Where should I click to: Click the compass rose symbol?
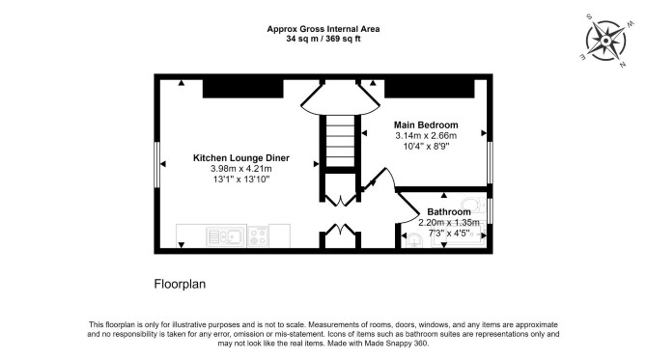605,41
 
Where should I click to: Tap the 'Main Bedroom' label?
426,125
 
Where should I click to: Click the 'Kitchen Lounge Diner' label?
241,158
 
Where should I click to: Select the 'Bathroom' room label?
449,212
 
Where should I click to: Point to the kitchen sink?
226,236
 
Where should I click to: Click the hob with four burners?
258,236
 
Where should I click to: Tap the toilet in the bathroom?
473,205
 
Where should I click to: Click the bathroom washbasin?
413,239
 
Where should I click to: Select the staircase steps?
341,141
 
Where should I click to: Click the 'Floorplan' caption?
180,284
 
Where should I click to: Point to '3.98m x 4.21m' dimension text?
241,169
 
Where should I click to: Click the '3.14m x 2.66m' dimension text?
426,136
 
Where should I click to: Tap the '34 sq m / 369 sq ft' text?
323,40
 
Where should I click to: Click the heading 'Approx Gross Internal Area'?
323,29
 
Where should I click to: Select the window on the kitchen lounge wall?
156,164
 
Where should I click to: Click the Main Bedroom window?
490,162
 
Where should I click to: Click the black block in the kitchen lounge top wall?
243,89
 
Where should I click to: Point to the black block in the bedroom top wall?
430,89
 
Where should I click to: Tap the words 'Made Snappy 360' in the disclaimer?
396,343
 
